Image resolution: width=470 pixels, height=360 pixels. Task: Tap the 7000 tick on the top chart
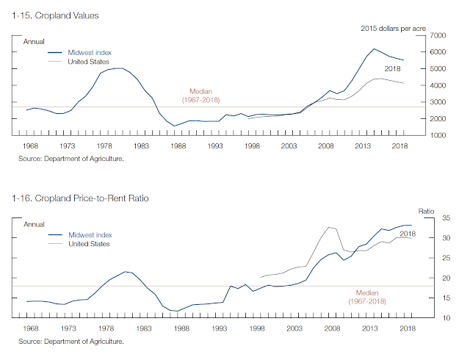pos(438,35)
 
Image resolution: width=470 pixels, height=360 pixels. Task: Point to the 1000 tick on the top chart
pos(438,136)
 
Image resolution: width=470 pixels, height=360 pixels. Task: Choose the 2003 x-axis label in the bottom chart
pos(294,328)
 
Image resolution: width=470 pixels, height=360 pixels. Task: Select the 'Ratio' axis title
pos(427,209)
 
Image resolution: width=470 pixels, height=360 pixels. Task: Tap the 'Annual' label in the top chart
pos(35,42)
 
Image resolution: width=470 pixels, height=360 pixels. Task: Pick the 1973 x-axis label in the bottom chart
pos(68,328)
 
